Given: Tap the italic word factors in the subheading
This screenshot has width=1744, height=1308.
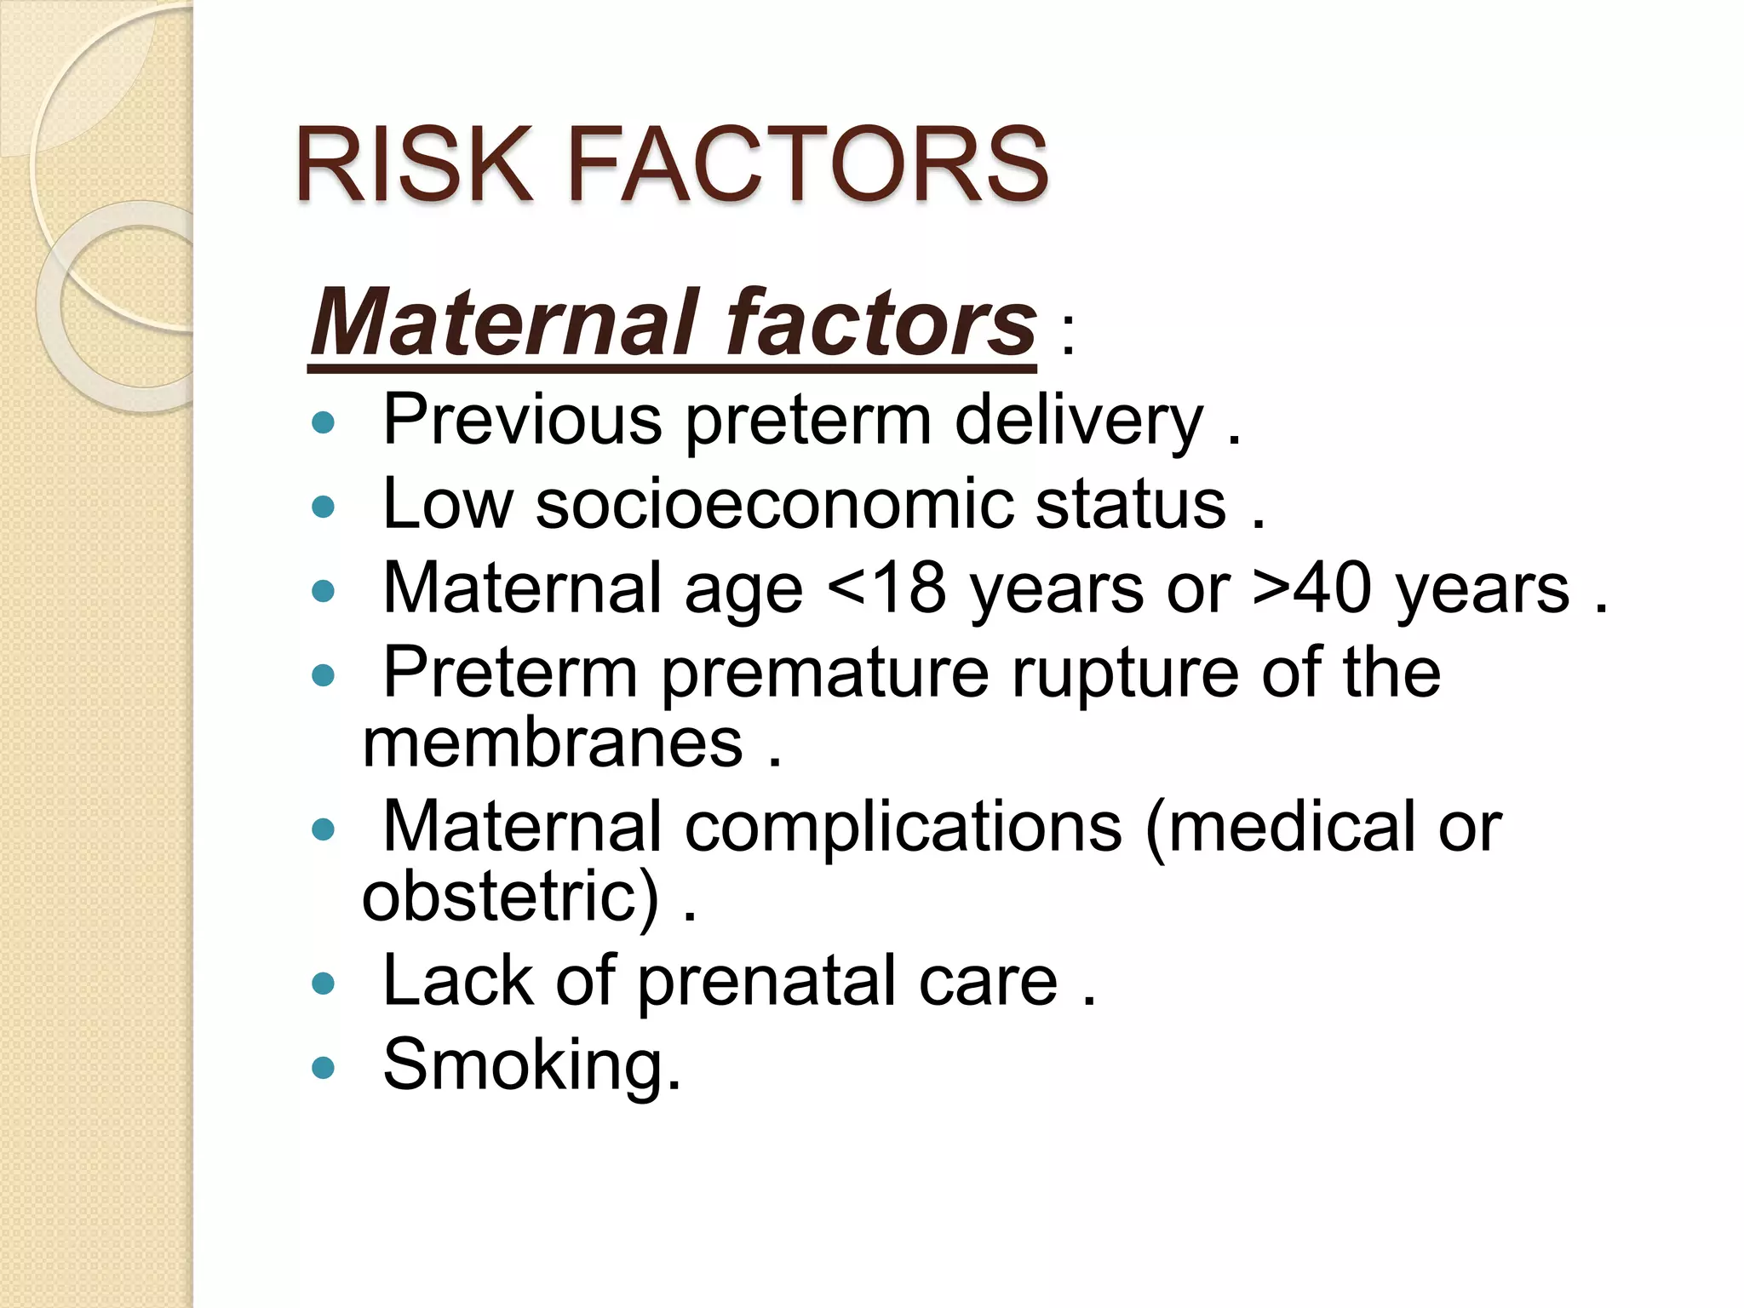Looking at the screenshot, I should tap(881, 324).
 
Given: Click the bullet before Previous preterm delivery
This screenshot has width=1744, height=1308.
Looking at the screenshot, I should tap(324, 422).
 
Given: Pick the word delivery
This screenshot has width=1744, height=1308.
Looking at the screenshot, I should tap(1079, 421).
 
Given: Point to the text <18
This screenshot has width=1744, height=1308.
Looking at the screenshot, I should tap(886, 588).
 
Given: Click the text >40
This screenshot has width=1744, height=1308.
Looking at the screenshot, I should tap(1312, 588).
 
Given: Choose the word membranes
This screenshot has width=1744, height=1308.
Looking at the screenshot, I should tap(553, 743).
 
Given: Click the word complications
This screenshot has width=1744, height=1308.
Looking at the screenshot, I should tap(904, 827).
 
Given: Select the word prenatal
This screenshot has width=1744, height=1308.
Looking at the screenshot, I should tap(766, 981).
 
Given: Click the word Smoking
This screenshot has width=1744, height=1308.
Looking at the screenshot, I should tap(532, 1064).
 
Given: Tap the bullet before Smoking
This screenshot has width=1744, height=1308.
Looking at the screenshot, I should tap(324, 1068).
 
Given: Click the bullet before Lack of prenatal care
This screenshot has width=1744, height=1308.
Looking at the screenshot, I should tap(324, 984).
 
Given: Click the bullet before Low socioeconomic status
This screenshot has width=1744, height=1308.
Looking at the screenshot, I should tap(324, 508).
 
